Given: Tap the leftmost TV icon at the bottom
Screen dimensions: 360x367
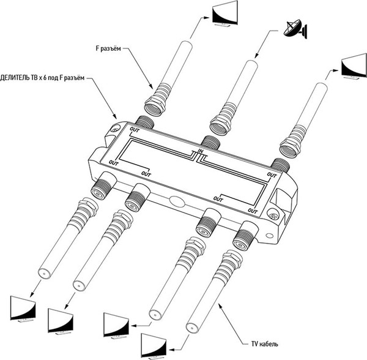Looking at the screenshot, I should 23,309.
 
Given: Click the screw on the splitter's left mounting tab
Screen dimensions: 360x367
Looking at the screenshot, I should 115,130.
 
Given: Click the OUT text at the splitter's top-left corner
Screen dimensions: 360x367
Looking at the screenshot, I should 134,129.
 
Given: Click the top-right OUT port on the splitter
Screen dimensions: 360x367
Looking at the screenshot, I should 280,164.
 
